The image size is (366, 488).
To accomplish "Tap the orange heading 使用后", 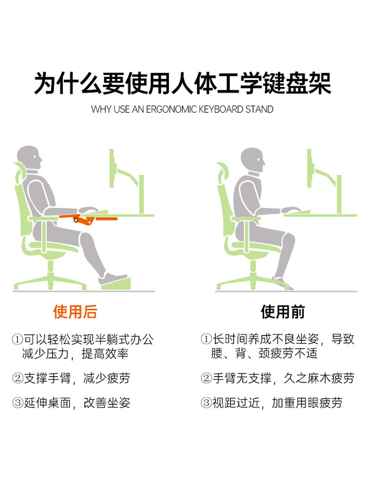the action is point(75,312).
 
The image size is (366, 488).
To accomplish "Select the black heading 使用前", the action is point(283,312).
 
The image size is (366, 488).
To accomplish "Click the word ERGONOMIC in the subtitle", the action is point(171,109).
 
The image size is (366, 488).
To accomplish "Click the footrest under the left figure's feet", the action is point(116,283).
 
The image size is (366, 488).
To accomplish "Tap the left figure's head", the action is point(29,158).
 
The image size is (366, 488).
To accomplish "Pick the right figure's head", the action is point(253,160).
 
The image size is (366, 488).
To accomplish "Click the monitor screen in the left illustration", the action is point(112,168).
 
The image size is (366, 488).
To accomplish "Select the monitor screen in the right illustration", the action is point(309,168).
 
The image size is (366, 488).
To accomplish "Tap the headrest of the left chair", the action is point(20,173).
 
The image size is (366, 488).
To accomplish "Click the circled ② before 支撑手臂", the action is point(18,378).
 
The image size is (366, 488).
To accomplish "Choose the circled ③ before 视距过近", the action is point(206,403).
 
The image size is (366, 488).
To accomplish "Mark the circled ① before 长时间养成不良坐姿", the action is point(206,339).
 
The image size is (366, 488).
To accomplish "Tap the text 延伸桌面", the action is point(47,403).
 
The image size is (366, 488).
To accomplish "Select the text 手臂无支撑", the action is point(242,378).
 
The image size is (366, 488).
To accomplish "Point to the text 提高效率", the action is point(105,353).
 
